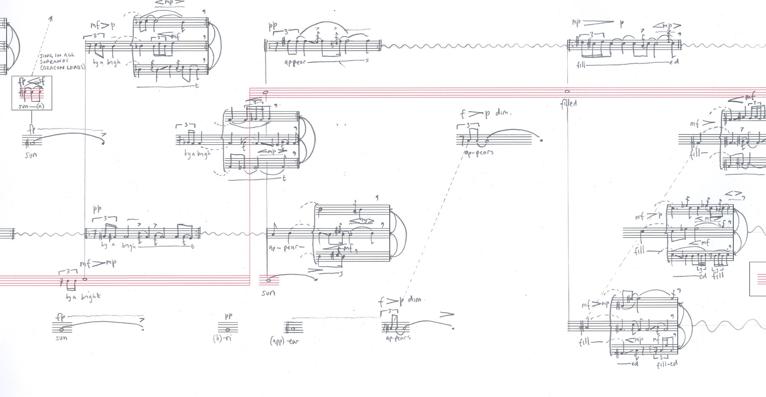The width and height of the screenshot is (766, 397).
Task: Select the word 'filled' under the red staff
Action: [568, 103]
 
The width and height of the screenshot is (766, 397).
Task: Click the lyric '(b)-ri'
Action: [223, 339]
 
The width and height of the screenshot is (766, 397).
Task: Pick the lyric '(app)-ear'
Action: [284, 340]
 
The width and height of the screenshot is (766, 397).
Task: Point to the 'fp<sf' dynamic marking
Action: [32, 81]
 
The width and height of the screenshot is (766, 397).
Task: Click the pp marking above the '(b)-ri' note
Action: [228, 316]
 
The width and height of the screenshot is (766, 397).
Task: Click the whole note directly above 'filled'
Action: [567, 91]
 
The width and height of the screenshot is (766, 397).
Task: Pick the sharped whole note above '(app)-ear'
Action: [293, 328]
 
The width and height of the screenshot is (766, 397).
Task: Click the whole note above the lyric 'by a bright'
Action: [85, 279]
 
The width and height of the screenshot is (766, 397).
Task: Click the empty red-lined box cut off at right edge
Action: [758, 279]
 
